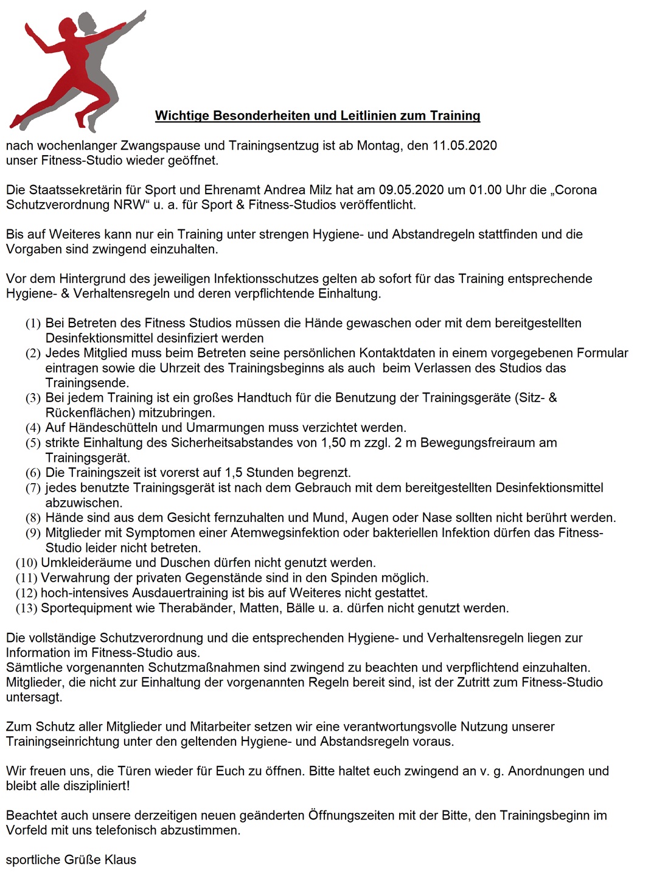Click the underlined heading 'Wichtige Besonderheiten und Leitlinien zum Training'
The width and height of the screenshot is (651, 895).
point(318,116)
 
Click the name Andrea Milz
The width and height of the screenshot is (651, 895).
point(298,190)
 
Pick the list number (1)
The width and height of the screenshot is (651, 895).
point(33,324)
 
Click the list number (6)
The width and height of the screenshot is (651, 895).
point(33,473)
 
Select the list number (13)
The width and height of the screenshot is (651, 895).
point(27,608)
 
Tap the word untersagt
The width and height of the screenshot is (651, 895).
point(34,697)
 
